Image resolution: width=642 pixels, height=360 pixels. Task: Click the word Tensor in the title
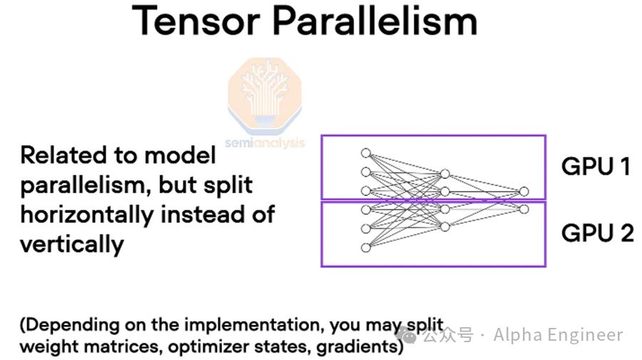click(195, 21)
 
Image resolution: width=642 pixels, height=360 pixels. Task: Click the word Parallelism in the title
click(374, 21)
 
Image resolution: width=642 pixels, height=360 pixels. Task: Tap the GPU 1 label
click(596, 166)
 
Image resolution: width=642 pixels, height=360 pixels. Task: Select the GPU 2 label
click(598, 233)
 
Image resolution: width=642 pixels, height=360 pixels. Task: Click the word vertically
click(72, 245)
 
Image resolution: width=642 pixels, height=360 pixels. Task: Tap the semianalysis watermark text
click(265, 143)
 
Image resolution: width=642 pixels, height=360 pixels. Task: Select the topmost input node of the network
click(366, 153)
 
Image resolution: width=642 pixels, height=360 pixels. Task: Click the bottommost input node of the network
click(366, 247)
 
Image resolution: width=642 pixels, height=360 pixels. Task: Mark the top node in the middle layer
click(445, 174)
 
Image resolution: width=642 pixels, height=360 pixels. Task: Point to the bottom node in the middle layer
click(445, 227)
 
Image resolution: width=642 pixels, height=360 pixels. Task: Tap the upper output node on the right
click(524, 192)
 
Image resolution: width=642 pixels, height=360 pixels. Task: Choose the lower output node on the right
click(524, 210)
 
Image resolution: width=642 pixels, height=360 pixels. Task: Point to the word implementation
click(250, 325)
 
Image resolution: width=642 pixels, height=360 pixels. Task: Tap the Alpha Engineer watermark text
click(559, 334)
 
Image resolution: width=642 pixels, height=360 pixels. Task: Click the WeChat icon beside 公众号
click(406, 336)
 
